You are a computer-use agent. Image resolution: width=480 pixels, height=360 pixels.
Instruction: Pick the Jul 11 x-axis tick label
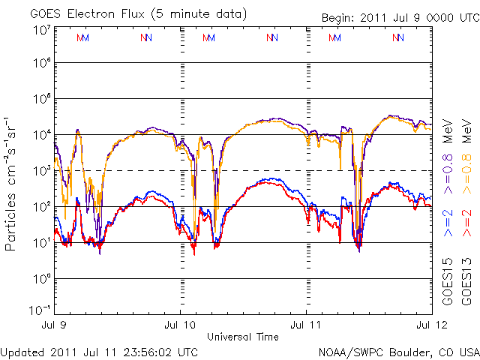click(306, 325)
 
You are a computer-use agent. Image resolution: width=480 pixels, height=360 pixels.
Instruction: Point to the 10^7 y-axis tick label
click(40, 30)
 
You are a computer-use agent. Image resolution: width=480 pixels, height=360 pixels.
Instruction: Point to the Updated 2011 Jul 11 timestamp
click(100, 351)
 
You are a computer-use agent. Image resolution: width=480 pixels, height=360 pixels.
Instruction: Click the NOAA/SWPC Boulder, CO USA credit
click(397, 351)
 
